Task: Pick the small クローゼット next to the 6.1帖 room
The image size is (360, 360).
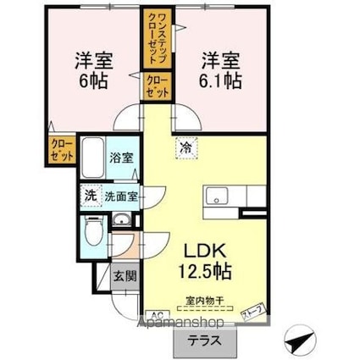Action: click(158, 88)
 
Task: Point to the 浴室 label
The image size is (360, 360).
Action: click(121, 158)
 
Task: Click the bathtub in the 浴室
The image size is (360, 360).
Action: click(94, 158)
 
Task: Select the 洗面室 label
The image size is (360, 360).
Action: click(120, 197)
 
